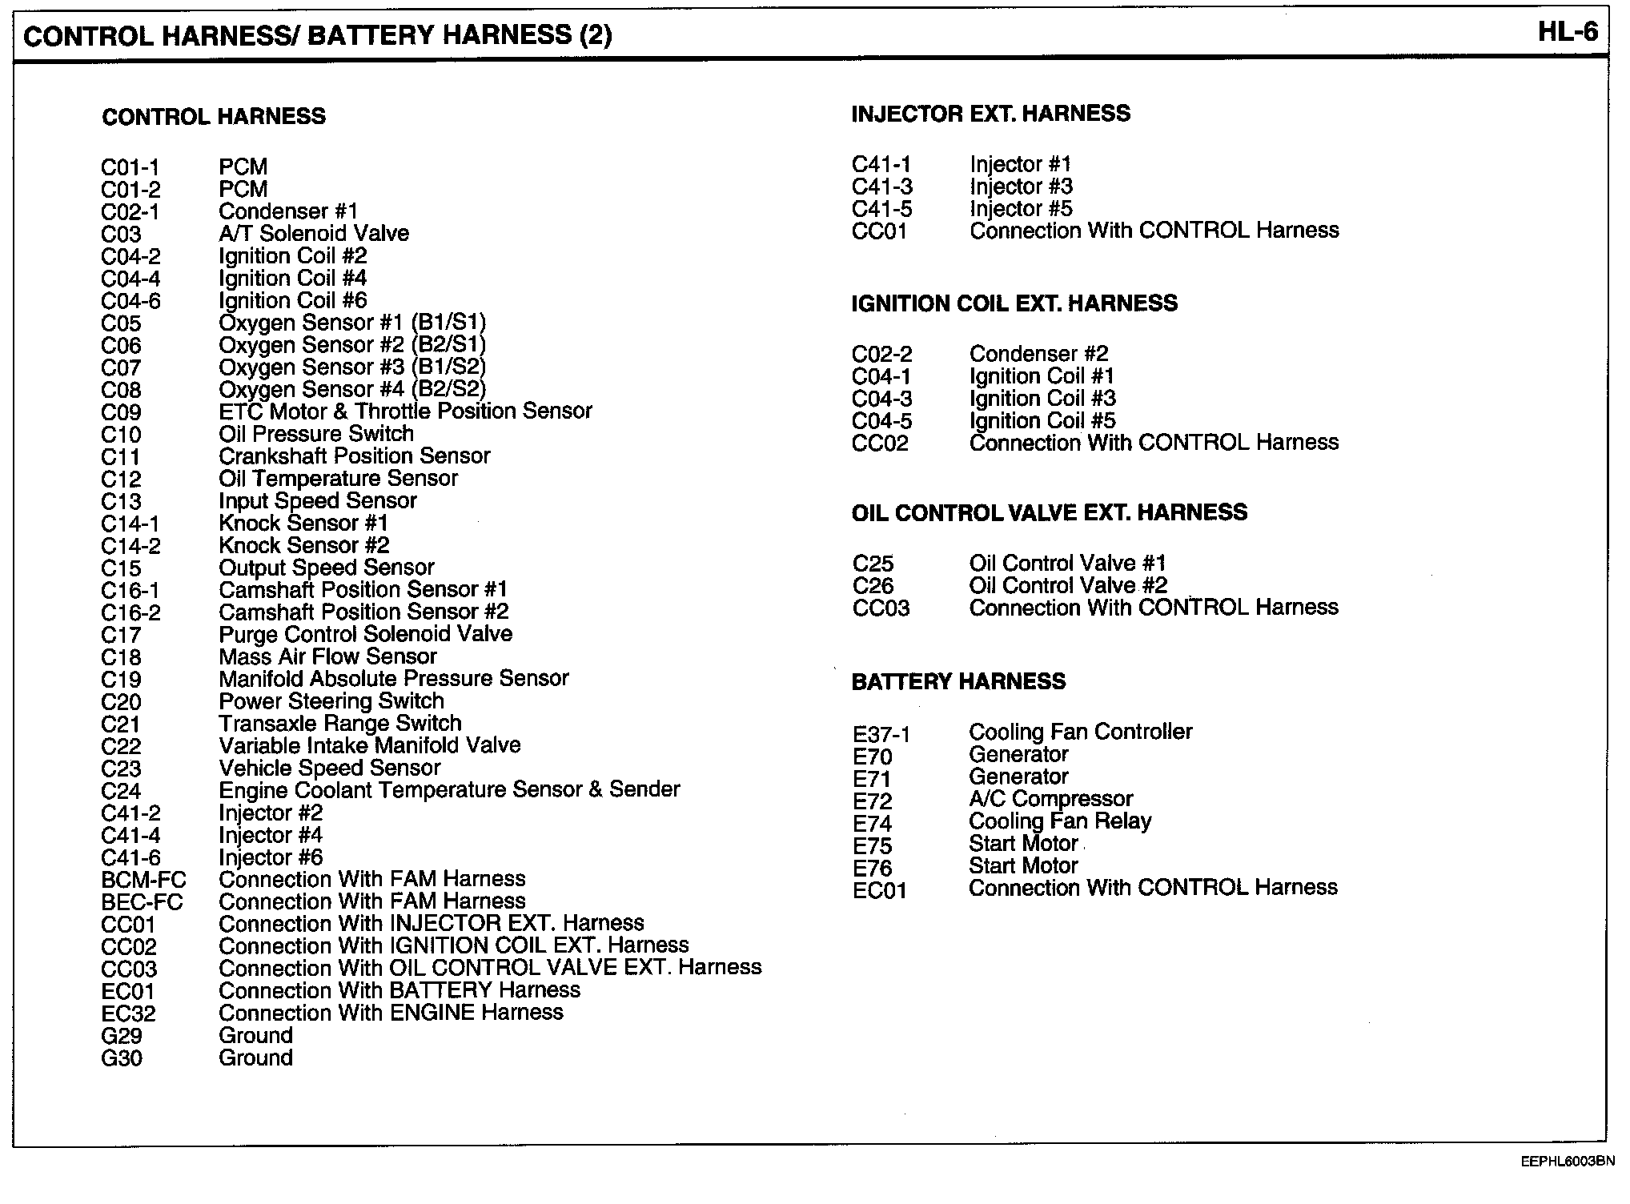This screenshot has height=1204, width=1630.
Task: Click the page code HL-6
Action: pyautogui.click(x=1568, y=32)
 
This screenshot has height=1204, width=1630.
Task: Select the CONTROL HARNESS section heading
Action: pyautogui.click(x=214, y=117)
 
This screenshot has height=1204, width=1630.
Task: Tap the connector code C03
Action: pyautogui.click(x=121, y=235)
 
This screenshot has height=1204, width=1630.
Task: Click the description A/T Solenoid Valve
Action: pyautogui.click(x=314, y=234)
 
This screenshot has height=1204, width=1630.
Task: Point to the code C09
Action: pyautogui.click(x=121, y=413)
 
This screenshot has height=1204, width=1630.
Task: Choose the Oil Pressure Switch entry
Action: pyautogui.click(x=316, y=434)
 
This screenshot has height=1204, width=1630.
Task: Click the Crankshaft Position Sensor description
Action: pyautogui.click(x=354, y=456)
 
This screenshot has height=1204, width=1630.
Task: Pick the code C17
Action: pyautogui.click(x=121, y=636)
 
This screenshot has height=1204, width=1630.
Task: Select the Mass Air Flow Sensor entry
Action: pyautogui.click(x=327, y=656)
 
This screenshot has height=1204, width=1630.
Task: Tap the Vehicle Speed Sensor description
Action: pyautogui.click(x=329, y=769)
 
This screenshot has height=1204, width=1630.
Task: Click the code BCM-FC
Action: pyautogui.click(x=143, y=880)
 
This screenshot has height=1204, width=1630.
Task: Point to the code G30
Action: pyautogui.click(x=122, y=1058)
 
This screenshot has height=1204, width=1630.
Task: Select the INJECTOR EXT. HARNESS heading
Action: pyautogui.click(x=990, y=114)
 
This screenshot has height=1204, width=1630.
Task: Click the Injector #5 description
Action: pyautogui.click(x=1021, y=209)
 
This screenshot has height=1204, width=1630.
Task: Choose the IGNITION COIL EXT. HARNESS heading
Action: pyautogui.click(x=1014, y=303)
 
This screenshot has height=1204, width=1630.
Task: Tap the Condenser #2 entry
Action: pyautogui.click(x=1038, y=354)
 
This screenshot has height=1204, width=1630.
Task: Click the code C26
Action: pyautogui.click(x=873, y=586)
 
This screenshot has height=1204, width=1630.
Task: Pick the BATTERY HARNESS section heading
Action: pyautogui.click(x=958, y=681)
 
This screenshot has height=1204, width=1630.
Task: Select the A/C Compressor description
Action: pyautogui.click(x=1050, y=799)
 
